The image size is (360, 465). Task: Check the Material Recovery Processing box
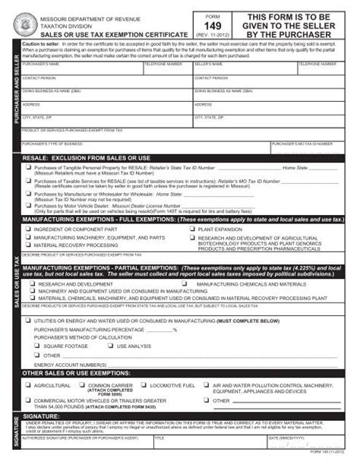(29, 245)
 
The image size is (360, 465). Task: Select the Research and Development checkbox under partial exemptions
(32, 283)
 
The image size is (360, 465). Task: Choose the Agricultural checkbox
(28, 386)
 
